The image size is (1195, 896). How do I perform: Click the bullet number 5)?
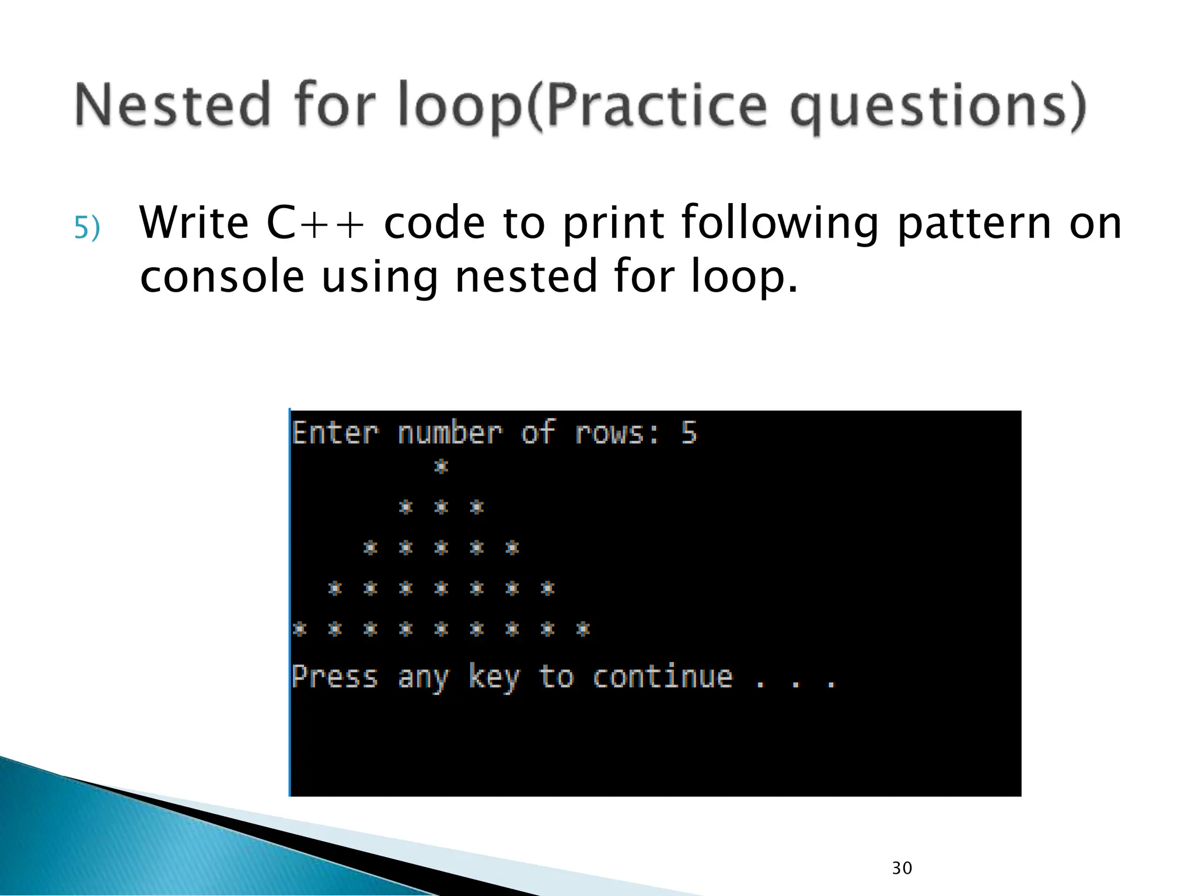point(87,228)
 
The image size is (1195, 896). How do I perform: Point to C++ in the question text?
point(316,223)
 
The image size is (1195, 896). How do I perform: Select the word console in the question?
point(222,276)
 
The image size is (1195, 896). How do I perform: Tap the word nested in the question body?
point(526,276)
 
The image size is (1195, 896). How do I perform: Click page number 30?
point(902,868)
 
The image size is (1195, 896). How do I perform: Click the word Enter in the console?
point(335,433)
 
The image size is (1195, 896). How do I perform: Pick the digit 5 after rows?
point(689,433)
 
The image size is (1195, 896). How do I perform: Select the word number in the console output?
point(449,433)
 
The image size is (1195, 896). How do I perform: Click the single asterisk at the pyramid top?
point(441,467)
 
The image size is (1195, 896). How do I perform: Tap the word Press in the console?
point(335,677)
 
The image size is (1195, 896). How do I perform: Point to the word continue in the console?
point(662,677)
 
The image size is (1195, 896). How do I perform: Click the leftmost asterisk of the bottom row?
point(299,629)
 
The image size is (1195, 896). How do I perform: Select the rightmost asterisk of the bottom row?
point(583,629)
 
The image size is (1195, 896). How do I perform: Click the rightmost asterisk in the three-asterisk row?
point(477,507)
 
